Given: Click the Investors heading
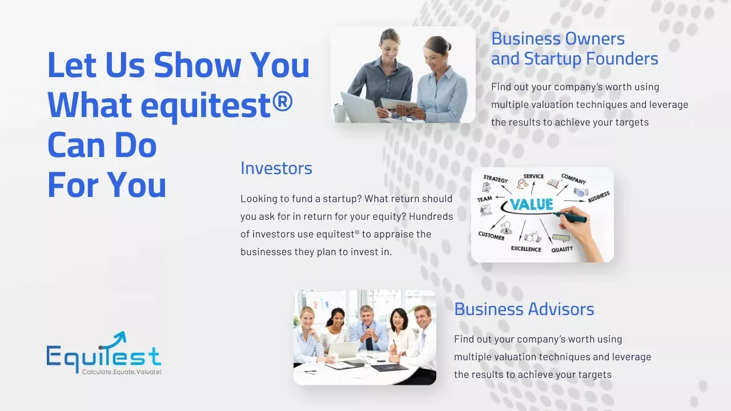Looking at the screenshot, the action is click(276, 168).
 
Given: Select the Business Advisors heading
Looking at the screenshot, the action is click(524, 309).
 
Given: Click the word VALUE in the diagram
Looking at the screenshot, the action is click(532, 204).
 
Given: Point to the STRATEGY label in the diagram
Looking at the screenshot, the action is click(495, 179).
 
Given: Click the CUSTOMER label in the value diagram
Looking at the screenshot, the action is click(491, 236).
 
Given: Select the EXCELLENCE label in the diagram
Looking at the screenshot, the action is click(526, 249).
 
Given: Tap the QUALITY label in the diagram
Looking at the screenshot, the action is click(562, 249).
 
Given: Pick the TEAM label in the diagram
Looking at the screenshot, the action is click(485, 199).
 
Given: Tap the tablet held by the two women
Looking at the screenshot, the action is click(399, 104).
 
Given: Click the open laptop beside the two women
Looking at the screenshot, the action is click(359, 107).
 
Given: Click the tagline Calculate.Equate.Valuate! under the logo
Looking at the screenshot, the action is click(122, 372).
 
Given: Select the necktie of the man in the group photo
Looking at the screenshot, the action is click(369, 342).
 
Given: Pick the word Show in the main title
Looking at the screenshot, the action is click(197, 65).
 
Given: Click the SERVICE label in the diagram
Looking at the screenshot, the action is click(533, 176).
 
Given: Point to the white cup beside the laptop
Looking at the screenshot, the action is click(340, 113).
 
